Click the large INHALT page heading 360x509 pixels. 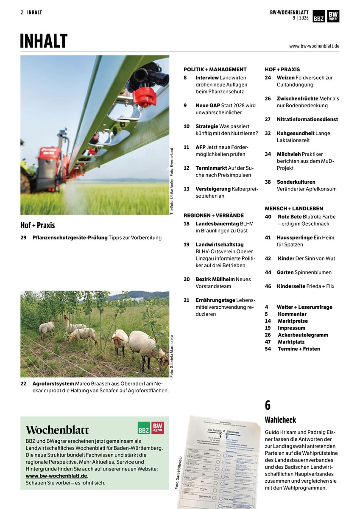pos(44,42)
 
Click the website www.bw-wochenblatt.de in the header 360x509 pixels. pos(314,46)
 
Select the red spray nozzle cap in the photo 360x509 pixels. pos(145,97)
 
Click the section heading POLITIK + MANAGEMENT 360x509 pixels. pos(215,69)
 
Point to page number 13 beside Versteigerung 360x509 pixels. pos(187,189)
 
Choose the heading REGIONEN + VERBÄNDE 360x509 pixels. pos(213,215)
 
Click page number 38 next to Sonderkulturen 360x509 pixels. pos(268,182)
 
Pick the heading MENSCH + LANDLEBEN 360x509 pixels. pos(294,208)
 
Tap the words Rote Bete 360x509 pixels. pos(290,216)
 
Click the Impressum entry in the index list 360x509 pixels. pos(291,328)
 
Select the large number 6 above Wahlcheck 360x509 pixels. pos(268,405)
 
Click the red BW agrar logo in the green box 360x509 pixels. pos(158,428)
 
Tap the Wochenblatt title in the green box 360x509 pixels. pos(57,429)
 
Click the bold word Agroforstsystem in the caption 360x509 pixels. pos(53,383)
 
